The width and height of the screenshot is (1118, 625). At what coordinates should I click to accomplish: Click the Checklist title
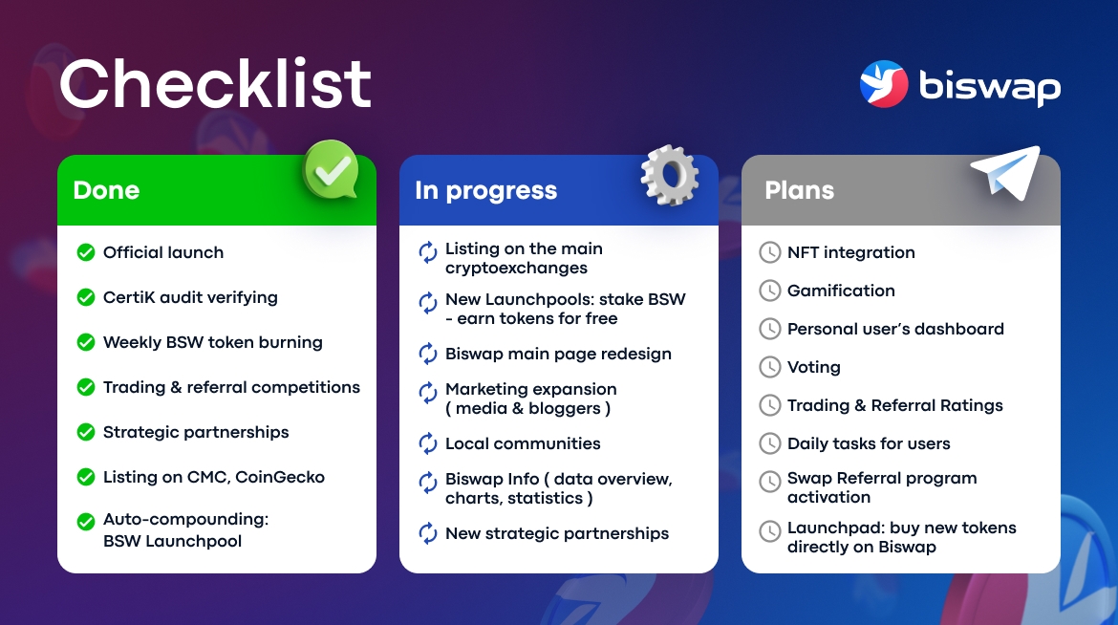coord(215,83)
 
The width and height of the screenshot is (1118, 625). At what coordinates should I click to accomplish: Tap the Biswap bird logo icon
coord(884,84)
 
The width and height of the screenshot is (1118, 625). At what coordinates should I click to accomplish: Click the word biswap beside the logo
coord(990,86)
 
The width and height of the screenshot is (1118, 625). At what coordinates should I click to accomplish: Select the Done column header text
coord(106,190)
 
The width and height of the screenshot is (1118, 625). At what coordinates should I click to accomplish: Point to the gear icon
coord(670,175)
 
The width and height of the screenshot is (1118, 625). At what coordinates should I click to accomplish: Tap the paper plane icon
coord(1006,172)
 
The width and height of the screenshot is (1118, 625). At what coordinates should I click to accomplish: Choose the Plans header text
coord(799,190)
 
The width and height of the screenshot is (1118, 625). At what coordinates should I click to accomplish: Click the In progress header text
coord(485,191)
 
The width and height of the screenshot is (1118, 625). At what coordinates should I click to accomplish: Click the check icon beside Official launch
coord(86,252)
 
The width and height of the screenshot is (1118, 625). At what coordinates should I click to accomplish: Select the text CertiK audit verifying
coord(190,297)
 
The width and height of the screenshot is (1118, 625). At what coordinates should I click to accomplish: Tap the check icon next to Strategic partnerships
coord(86,432)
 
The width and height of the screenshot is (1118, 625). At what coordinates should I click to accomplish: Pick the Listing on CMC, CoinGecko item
coord(214,477)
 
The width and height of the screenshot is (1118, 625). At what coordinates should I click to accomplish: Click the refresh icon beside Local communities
coord(428,443)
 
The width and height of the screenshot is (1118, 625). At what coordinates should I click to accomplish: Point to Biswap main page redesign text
coord(558,354)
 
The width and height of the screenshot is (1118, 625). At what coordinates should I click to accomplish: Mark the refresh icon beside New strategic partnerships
coord(428,533)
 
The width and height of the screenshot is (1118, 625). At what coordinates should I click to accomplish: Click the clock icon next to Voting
coord(770,367)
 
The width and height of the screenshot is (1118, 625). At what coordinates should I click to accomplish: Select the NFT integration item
coord(850,252)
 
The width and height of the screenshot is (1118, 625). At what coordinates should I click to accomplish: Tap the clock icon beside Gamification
coord(770,291)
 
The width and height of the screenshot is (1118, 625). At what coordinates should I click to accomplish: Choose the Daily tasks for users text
coord(869,443)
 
